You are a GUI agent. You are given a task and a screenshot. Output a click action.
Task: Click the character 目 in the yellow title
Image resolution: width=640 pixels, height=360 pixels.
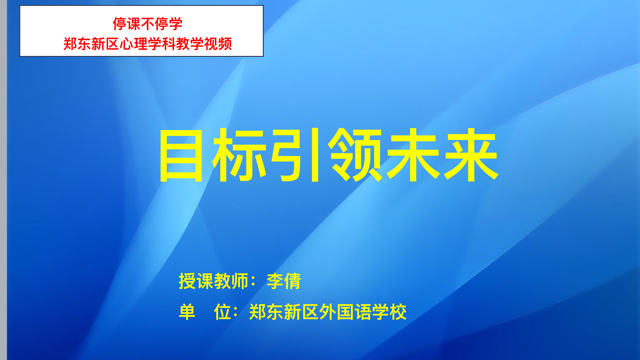point(181,156)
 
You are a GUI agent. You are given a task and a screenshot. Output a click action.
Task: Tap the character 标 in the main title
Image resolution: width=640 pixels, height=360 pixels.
point(239,155)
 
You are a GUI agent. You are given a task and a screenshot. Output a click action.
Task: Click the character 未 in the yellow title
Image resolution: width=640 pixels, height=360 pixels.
point(413,155)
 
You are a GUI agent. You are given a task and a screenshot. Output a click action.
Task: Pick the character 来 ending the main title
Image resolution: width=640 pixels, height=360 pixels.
point(471,155)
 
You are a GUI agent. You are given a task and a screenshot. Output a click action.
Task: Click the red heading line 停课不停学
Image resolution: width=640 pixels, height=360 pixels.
point(148,24)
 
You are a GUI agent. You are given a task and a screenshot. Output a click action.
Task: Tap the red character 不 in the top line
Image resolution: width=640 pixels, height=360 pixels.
point(148,24)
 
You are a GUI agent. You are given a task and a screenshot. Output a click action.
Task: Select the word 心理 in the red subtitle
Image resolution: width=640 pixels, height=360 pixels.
point(134,44)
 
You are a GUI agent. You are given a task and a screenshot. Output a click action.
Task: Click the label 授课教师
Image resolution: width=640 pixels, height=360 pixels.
point(214,281)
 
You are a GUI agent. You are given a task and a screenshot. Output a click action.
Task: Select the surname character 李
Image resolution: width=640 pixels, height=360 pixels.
point(275,281)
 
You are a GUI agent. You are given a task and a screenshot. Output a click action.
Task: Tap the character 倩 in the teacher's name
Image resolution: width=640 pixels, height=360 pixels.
point(292,281)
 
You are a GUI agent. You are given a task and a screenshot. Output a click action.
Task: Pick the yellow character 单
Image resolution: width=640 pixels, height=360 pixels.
point(187,312)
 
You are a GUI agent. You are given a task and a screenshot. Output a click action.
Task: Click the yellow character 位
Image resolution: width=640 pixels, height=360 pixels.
point(222,312)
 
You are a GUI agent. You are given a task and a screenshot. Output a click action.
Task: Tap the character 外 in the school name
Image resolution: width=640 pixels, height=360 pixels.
point(328,312)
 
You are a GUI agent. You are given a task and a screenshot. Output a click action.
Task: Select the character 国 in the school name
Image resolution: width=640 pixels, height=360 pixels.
point(345,312)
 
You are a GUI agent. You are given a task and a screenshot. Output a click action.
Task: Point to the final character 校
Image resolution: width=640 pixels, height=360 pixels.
point(398,312)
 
